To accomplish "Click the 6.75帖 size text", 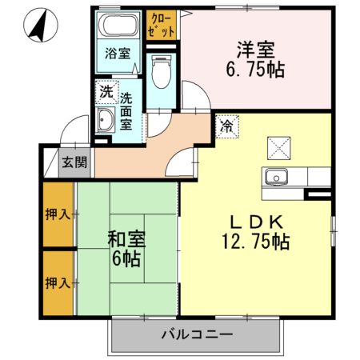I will tap(255, 68).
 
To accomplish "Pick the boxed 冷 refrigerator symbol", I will tap(226, 126).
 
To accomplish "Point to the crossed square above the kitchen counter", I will tap(279, 147).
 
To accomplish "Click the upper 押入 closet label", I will tap(56, 214).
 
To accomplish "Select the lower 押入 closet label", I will tap(56, 282).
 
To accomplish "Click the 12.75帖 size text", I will tap(255, 240).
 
